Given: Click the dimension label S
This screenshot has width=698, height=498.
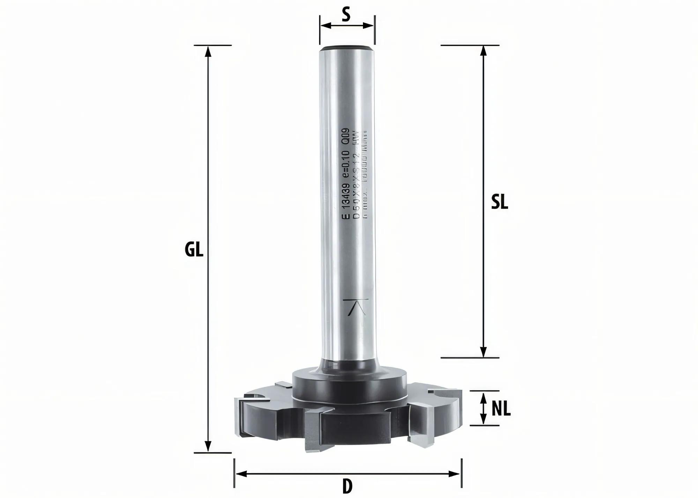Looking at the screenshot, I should click(x=346, y=15).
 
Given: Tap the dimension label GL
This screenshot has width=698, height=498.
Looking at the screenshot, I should click(x=194, y=250).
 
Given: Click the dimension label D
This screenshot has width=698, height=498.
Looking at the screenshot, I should click(x=347, y=487).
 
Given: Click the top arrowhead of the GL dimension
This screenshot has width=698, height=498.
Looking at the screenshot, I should click(x=208, y=51).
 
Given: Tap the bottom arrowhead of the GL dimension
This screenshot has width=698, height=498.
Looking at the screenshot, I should click(x=208, y=447).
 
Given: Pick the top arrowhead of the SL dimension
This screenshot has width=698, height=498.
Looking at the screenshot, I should click(x=483, y=51).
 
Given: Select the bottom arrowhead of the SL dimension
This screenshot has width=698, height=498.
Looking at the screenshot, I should click(x=483, y=352).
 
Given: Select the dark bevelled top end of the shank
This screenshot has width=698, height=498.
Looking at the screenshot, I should click(x=347, y=48).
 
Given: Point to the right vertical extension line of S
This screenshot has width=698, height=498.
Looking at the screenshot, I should click(x=374, y=30).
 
